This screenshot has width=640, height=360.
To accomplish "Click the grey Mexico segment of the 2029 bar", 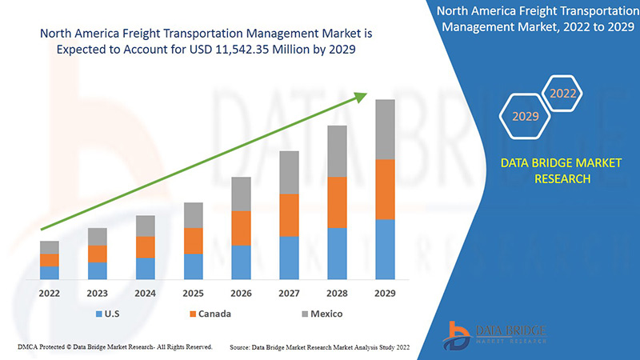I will [x=385, y=130].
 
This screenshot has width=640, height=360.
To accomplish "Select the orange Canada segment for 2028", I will [x=337, y=202].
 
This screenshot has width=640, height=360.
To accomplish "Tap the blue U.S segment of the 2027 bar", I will [x=289, y=258].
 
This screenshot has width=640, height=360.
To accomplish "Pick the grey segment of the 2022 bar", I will [x=50, y=247].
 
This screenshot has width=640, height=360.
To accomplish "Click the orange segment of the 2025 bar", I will [x=193, y=241].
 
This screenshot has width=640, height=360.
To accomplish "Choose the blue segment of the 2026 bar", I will [x=241, y=262].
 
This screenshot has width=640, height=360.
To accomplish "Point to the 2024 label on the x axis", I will [x=145, y=294].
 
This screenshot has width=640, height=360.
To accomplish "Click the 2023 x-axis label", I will [x=98, y=294].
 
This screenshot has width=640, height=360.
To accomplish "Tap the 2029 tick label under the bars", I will [x=385, y=294].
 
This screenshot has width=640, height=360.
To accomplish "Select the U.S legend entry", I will [x=110, y=314].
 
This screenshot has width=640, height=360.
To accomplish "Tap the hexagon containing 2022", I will [x=562, y=94].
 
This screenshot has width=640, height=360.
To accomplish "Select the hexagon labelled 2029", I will [x=526, y=116].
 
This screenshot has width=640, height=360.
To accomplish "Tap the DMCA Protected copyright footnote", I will [x=114, y=347].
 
